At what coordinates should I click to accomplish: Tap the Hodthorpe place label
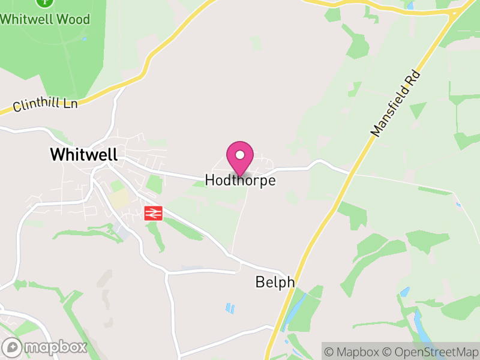coord(240,180)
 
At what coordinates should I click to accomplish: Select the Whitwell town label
coord(83,154)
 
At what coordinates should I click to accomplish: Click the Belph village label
coord(275,281)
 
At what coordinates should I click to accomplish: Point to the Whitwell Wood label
coord(45,19)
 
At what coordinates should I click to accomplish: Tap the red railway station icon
coord(153,212)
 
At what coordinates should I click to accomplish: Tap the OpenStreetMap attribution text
coord(431,352)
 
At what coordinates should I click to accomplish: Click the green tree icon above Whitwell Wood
coord(43,2)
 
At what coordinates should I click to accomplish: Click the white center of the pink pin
coord(240,155)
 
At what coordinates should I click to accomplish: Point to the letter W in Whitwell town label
coord(58,154)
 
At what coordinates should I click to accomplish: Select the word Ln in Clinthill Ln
coord(70,103)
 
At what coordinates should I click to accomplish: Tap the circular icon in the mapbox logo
coord(13,347)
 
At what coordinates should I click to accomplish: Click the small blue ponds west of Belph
coord(230,308)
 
